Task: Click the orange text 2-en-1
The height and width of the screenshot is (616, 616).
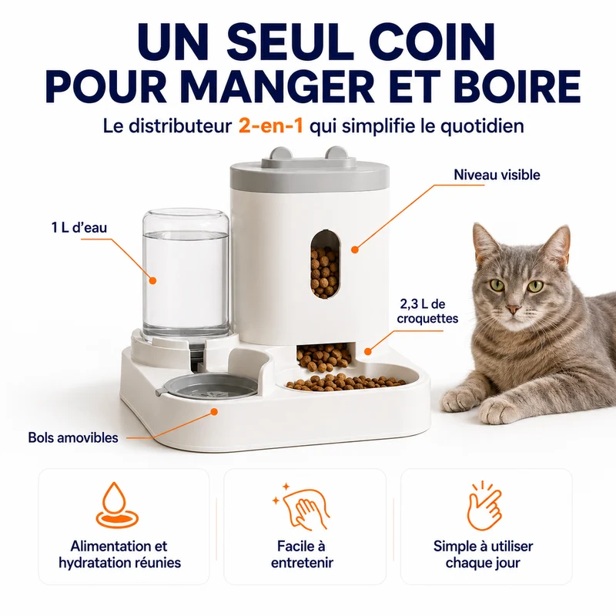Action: pos(271,126)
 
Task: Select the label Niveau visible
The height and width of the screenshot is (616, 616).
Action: pos(497,175)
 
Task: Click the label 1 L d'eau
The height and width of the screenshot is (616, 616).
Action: pos(79,227)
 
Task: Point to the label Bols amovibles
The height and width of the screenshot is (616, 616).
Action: pos(73,437)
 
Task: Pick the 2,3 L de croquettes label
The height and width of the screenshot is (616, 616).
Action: pos(427,311)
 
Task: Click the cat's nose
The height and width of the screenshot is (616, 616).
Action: pos(513,310)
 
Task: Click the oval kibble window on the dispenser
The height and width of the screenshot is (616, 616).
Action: pos(325,264)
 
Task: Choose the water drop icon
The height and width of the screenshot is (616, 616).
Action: pos(118,506)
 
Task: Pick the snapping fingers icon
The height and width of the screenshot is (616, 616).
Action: pos(484,505)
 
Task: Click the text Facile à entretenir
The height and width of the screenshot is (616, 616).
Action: pos(302,554)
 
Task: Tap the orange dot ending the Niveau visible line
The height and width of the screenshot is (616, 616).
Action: pos(355,249)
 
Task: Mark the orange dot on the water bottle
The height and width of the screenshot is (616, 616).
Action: pos(152,280)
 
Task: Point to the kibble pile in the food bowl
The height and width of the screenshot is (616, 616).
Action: pos(346,382)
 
